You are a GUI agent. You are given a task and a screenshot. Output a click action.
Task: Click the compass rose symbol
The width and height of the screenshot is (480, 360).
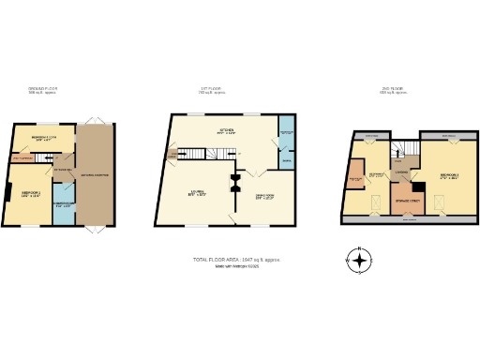[357, 260]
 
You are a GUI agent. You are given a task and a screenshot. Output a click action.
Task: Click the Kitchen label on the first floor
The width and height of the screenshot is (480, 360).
[226, 131]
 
